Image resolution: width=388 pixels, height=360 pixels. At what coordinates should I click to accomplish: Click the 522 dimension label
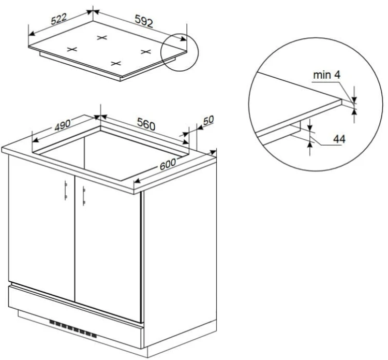tap(59, 19)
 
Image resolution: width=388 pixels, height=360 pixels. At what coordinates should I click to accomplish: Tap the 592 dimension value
tap(144, 21)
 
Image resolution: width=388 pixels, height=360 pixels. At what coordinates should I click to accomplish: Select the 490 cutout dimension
tap(63, 125)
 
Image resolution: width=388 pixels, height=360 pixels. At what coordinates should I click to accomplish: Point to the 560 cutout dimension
tap(146, 124)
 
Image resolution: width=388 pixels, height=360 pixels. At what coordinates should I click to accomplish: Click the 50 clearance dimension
tap(208, 120)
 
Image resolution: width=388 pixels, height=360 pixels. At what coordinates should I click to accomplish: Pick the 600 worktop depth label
tap(168, 164)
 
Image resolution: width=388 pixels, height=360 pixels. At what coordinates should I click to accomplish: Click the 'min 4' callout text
tap(326, 75)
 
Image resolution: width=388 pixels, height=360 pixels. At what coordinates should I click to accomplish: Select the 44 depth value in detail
tap(339, 139)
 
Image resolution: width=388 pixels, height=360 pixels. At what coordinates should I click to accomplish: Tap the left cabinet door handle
tap(66, 190)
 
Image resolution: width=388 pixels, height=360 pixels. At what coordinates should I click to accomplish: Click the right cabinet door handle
tap(84, 196)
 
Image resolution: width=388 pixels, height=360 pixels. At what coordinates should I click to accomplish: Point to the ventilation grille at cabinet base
tap(73, 329)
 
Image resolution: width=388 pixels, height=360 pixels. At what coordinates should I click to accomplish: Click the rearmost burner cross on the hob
tap(102, 38)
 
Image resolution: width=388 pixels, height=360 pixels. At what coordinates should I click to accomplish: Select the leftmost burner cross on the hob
tap(72, 49)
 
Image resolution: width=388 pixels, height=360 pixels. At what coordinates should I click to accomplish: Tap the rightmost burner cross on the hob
tap(146, 51)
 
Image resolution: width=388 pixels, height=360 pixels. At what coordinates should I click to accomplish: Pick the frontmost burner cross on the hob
tap(116, 63)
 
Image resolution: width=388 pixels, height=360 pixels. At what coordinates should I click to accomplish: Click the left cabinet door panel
tap(41, 228)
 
